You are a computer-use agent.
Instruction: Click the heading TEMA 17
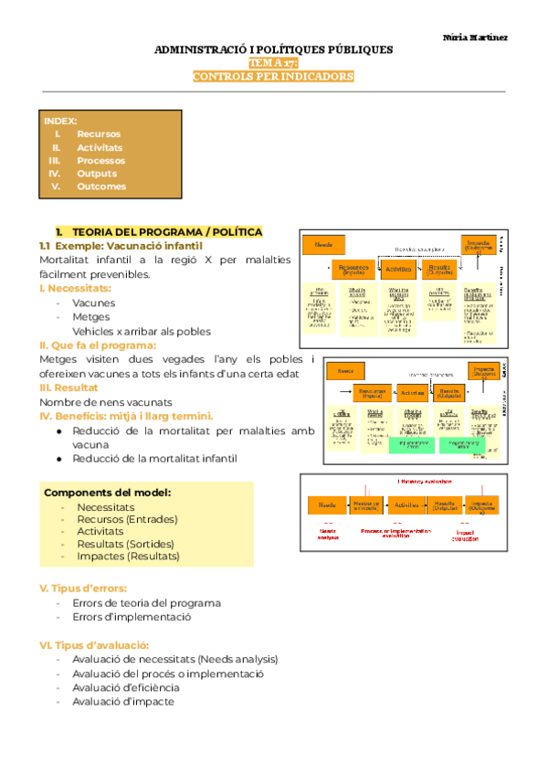pos(273,63)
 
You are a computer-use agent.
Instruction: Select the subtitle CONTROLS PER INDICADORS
pos(273,77)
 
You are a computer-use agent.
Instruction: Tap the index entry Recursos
pos(98,133)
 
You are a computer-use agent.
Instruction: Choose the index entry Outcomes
pos(101,186)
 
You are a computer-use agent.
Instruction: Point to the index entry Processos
pos(101,160)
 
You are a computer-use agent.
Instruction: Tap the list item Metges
pos(91,317)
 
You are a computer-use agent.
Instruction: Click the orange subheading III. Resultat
pos(69,387)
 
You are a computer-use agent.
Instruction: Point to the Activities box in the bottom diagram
pos(406,504)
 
